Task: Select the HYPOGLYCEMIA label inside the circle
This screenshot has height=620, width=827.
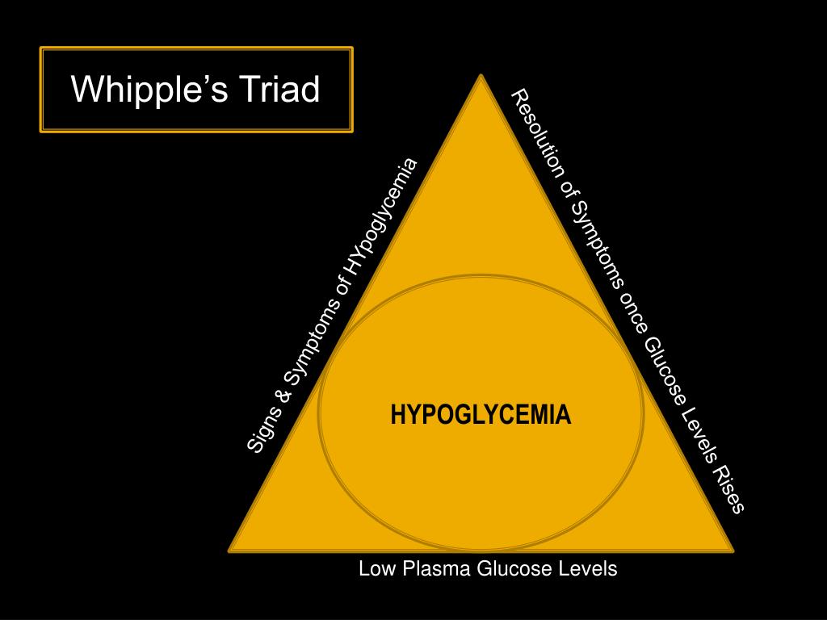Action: coord(481,415)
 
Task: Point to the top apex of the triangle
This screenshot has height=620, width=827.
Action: coord(481,77)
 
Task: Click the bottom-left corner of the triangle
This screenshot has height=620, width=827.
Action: coord(231,550)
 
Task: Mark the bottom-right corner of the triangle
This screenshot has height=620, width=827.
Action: coord(732,550)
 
